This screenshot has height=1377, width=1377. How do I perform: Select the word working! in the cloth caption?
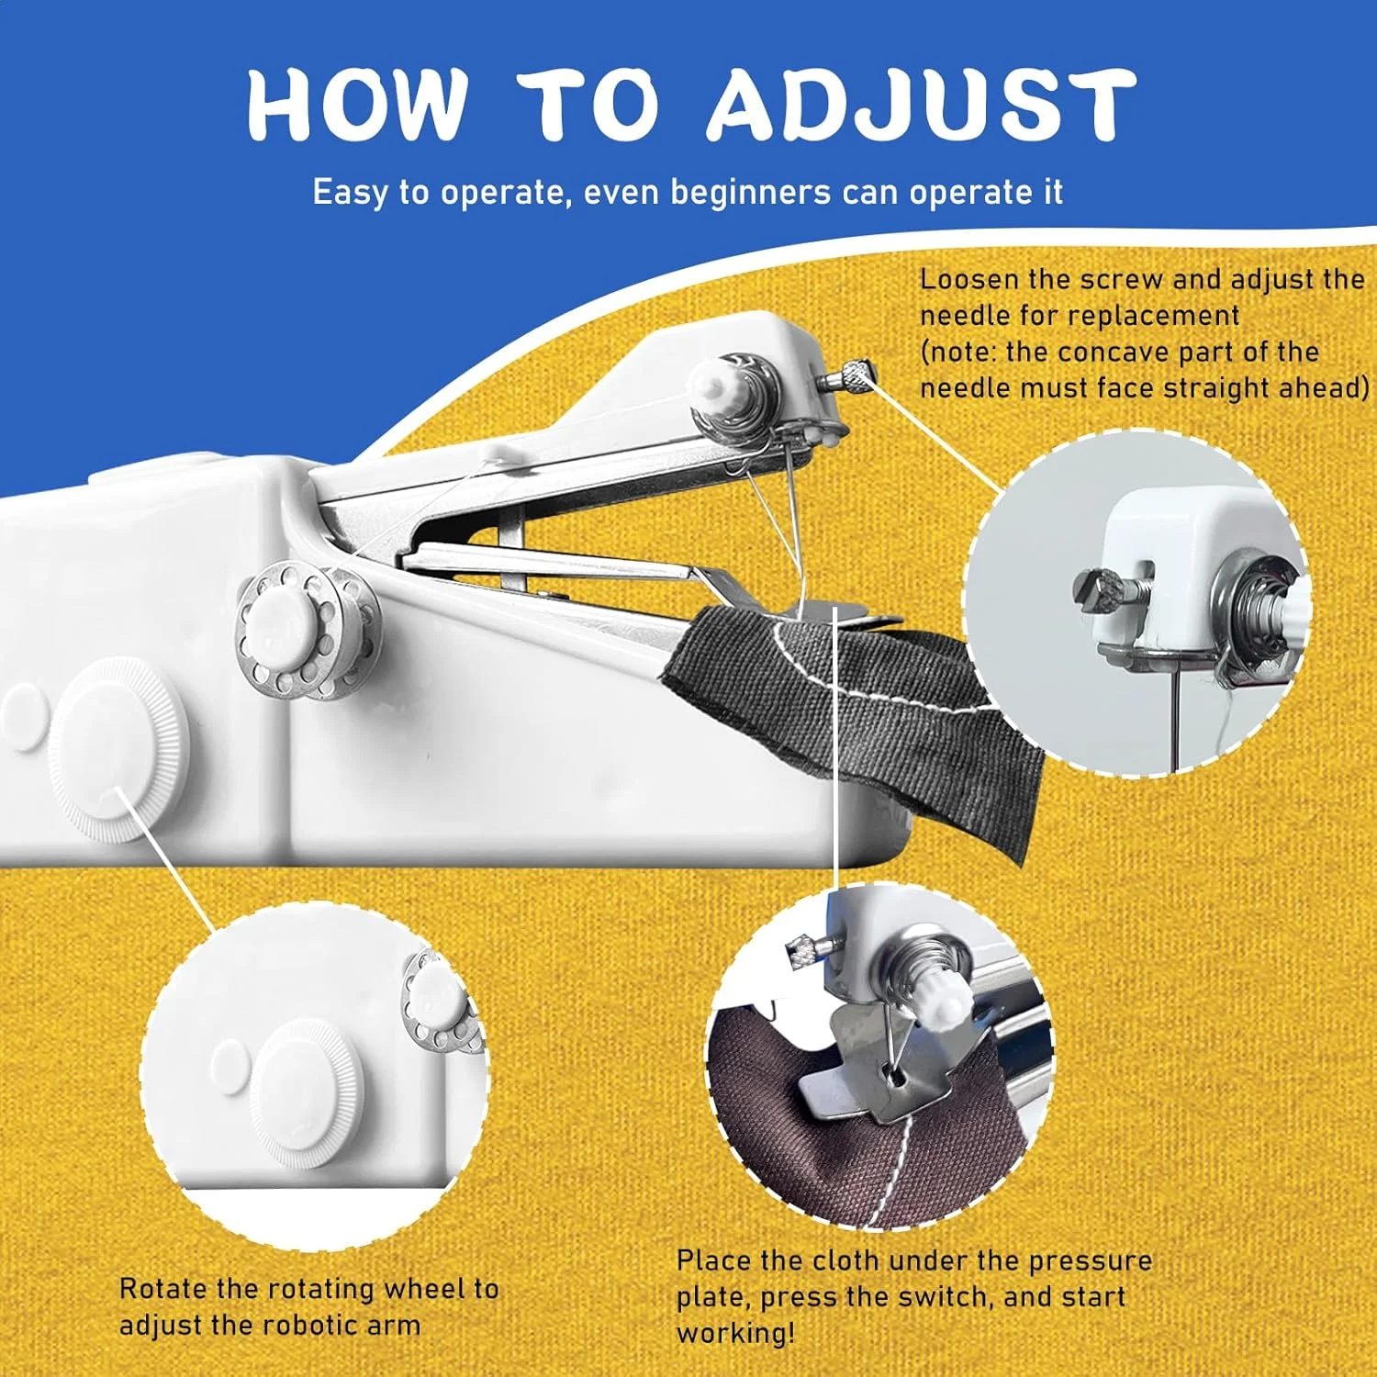(736, 1334)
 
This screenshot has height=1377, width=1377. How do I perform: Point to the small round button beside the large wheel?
(24, 716)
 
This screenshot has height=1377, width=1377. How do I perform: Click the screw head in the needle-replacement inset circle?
(1098, 588)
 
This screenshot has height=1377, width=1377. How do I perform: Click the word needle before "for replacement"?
(964, 316)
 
